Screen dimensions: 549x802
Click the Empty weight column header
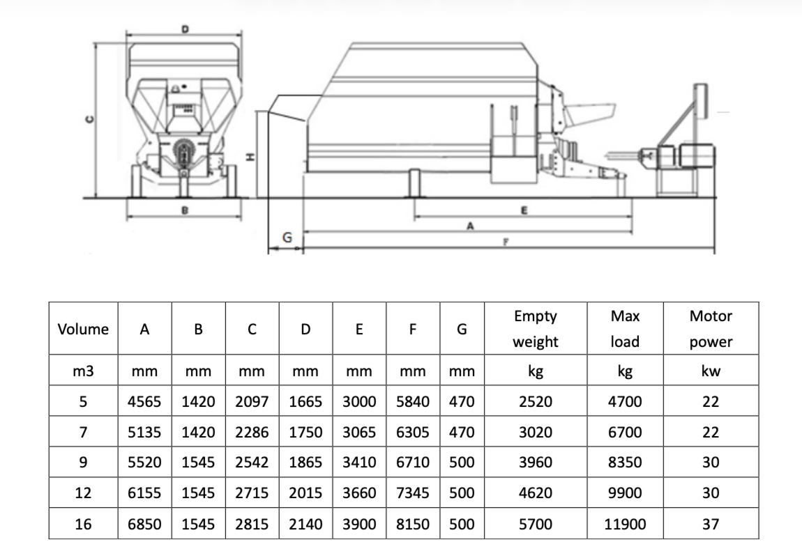click(x=535, y=329)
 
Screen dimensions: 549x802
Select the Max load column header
click(x=624, y=329)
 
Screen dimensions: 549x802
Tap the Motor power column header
click(x=710, y=329)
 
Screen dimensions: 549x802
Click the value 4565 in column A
click(x=145, y=401)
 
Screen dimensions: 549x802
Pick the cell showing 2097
click(x=252, y=401)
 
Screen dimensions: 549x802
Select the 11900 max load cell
click(x=624, y=524)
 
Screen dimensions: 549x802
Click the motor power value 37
click(x=710, y=524)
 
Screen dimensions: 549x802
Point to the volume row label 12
click(x=83, y=493)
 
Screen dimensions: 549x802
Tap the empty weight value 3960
click(x=535, y=463)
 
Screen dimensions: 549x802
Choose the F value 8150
click(x=413, y=524)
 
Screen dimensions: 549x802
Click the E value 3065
click(x=359, y=432)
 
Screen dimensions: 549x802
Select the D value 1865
click(x=305, y=463)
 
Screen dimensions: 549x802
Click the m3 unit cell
click(x=83, y=371)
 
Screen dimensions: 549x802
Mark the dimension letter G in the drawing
click(x=286, y=238)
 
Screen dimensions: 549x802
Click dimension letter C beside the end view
click(x=88, y=120)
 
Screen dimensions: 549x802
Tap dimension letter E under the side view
click(x=524, y=208)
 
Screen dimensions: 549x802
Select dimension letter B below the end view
click(x=184, y=210)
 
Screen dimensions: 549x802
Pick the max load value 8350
click(x=624, y=463)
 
